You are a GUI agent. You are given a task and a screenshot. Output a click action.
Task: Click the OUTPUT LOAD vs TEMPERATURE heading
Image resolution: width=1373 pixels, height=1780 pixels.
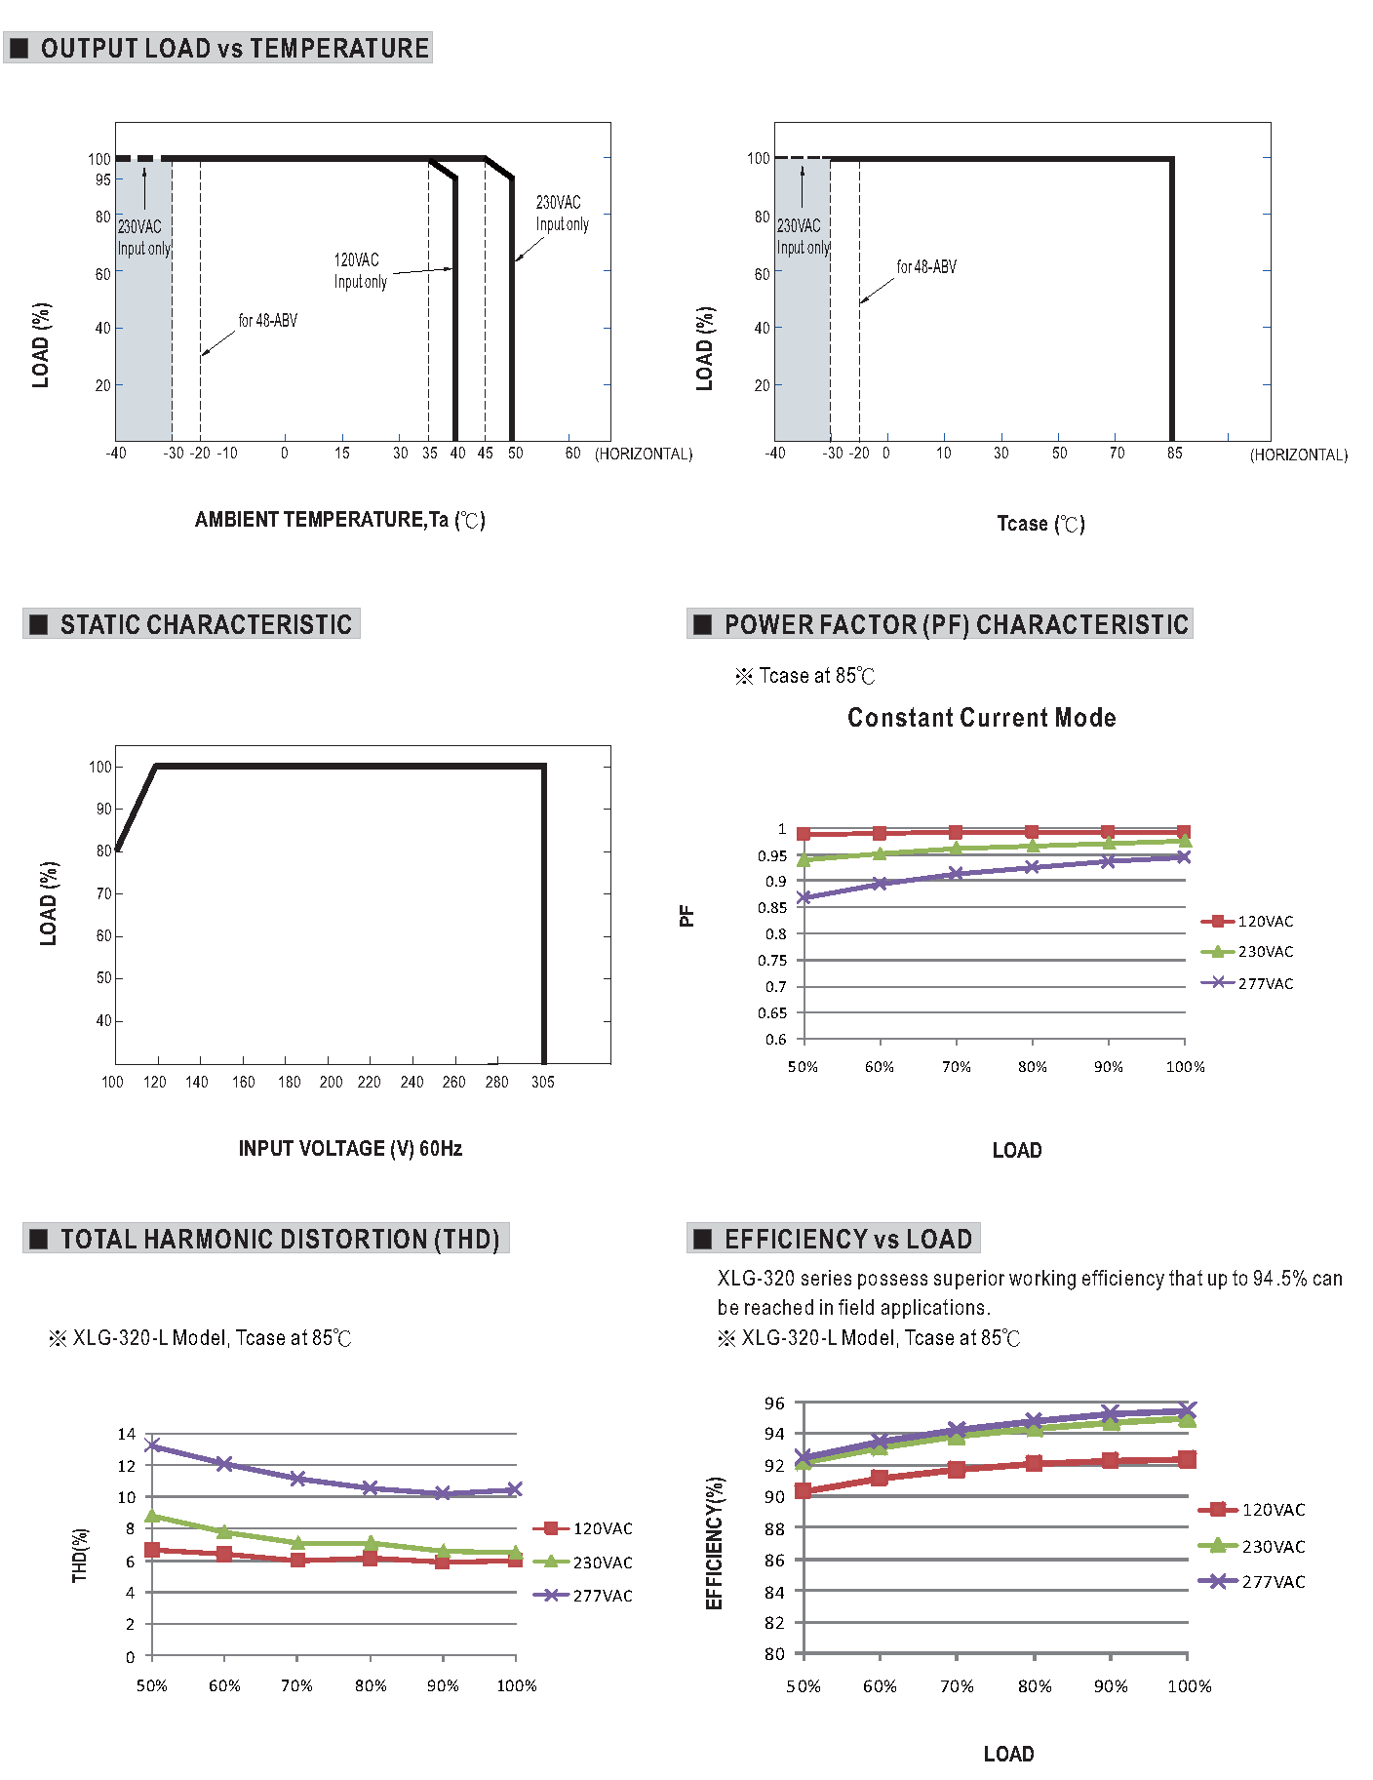(x=234, y=48)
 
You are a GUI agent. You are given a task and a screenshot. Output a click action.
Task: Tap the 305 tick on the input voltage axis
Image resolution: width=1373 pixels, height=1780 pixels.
(x=543, y=1082)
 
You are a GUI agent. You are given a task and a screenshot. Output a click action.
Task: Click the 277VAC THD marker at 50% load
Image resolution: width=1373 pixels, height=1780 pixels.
(x=152, y=1445)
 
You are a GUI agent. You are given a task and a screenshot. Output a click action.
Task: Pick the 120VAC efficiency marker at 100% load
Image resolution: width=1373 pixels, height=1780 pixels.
(x=1187, y=1459)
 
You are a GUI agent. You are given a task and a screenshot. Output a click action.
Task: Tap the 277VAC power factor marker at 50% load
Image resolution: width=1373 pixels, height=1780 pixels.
(x=804, y=897)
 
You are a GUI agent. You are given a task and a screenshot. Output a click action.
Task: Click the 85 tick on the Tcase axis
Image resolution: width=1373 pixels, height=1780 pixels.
(x=1174, y=453)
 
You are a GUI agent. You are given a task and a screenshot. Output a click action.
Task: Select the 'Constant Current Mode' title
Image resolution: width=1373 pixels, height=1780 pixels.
(x=981, y=718)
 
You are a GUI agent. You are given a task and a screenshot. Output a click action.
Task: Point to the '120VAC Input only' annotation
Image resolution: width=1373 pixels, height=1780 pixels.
(x=360, y=271)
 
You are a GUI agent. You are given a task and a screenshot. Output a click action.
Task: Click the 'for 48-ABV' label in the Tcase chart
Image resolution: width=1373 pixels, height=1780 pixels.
(x=926, y=266)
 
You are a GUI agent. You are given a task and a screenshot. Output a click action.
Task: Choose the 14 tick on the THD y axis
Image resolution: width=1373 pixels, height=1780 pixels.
(x=127, y=1434)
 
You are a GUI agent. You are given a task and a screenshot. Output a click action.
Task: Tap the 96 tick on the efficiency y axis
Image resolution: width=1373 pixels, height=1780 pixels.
(x=774, y=1403)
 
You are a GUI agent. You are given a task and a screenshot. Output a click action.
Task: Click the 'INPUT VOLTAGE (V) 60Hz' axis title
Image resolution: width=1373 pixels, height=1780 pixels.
(x=350, y=1148)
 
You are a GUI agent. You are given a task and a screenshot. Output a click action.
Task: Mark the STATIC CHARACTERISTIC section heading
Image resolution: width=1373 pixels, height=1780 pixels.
(x=205, y=624)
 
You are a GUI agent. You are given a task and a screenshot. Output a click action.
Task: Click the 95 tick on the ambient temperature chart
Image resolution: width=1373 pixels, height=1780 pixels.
(x=102, y=179)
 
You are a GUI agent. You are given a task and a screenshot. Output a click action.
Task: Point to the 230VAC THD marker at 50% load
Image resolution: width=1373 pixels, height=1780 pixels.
(x=152, y=1517)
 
